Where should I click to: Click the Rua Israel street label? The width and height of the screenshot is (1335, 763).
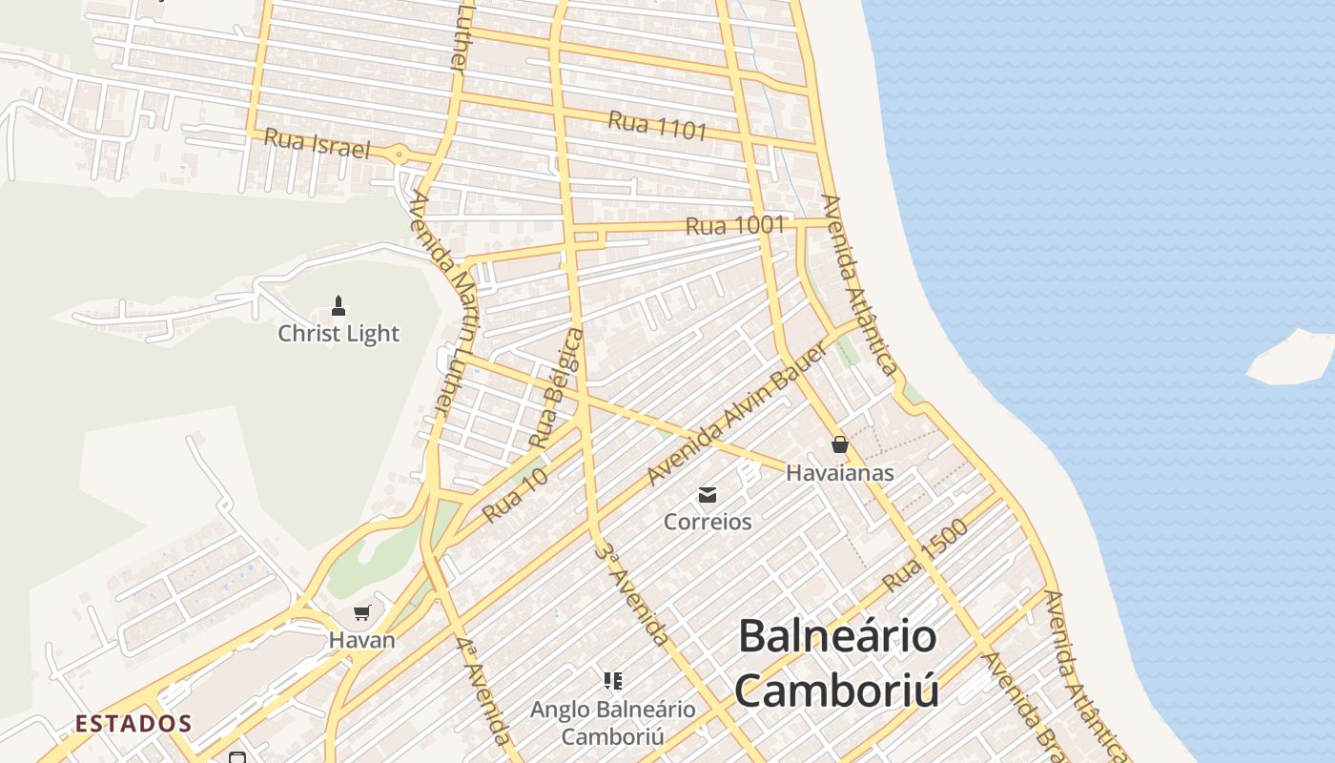pos(316,143)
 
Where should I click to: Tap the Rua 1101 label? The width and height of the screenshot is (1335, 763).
pos(657,126)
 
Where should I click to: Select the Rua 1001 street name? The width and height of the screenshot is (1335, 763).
pos(735,226)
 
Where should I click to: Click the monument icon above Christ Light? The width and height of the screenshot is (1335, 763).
pos(338,306)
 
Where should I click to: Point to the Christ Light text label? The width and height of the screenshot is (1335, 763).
pos(339,334)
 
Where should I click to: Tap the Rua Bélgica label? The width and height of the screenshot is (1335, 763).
pos(557,388)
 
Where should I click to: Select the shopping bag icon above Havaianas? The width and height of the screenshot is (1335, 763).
pos(840,444)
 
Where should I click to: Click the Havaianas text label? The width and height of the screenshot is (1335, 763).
pos(840,472)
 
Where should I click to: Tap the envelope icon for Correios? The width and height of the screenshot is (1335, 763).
pos(708,495)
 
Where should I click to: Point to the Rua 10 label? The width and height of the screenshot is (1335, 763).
pos(515,494)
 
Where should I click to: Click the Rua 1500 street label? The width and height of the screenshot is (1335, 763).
pos(925,555)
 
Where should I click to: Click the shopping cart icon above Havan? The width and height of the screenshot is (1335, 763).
pos(361,613)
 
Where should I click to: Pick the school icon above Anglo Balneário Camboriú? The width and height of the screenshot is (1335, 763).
pos(613,681)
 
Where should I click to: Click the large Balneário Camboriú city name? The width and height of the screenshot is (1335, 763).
pos(837,663)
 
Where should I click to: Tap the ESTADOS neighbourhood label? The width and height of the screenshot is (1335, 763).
pos(133,724)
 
